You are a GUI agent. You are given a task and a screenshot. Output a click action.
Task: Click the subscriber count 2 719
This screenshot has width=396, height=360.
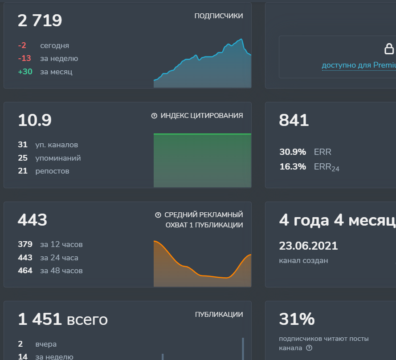[x=40, y=20]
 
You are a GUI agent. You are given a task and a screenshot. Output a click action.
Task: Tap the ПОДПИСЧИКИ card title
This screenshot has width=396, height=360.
[x=218, y=16]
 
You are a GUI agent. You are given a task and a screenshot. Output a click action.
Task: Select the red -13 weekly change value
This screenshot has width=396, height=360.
[x=24, y=59]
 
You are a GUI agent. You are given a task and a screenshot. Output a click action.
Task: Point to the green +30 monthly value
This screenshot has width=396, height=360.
[x=25, y=72]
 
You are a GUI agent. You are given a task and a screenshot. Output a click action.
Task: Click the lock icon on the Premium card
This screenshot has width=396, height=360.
[x=389, y=49]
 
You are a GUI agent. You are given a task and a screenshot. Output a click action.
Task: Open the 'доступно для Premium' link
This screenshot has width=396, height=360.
[x=359, y=65]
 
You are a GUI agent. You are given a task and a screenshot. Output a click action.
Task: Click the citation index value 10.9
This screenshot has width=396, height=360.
[x=35, y=120]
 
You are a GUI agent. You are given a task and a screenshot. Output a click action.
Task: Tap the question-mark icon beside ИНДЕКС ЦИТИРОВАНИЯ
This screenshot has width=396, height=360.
[x=154, y=116]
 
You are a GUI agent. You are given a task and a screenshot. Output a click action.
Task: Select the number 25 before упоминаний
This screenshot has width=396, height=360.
[x=23, y=158]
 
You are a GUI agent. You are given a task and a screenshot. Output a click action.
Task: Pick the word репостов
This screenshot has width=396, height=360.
[x=52, y=171]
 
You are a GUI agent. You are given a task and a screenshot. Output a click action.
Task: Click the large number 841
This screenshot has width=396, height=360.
[x=294, y=120]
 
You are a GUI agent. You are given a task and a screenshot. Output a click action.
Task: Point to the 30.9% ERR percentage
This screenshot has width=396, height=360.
[x=293, y=152]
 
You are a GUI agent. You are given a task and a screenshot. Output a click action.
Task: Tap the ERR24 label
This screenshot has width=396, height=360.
[x=327, y=167]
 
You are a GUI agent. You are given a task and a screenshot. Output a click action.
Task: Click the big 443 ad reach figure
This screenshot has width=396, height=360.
[x=33, y=220]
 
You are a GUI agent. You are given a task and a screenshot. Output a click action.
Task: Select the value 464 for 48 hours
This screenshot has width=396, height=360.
[x=25, y=271]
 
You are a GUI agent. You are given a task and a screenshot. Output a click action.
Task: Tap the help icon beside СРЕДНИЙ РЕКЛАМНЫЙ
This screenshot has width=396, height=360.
[x=158, y=215]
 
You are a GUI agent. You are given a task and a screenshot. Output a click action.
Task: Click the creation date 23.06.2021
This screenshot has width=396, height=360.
[x=308, y=246]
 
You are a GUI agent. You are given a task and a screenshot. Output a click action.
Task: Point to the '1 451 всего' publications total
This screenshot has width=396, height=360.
[x=62, y=319]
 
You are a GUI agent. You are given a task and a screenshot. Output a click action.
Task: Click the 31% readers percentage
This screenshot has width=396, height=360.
[x=297, y=319]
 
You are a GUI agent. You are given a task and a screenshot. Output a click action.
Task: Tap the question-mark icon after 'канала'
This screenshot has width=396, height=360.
[x=309, y=348]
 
